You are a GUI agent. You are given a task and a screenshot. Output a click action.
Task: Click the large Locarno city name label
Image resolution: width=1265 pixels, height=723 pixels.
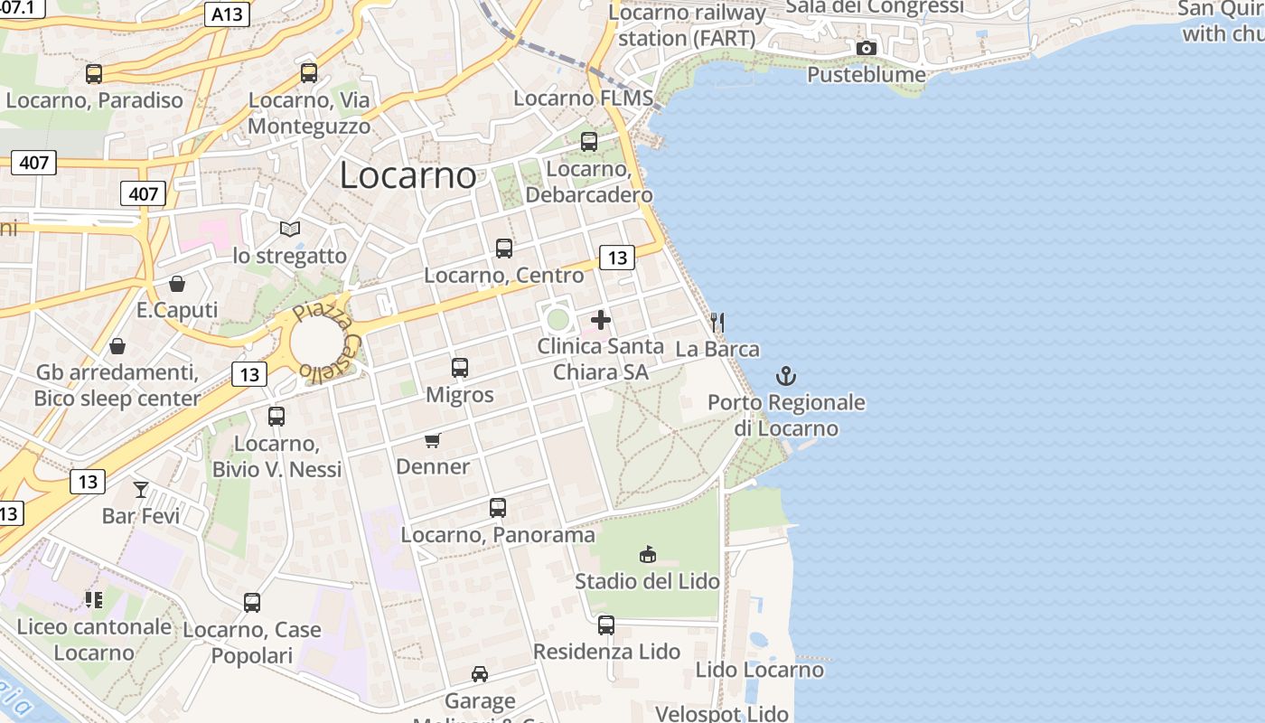tap(408, 175)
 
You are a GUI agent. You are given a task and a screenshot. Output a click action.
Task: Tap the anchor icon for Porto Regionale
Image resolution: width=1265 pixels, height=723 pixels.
tap(786, 376)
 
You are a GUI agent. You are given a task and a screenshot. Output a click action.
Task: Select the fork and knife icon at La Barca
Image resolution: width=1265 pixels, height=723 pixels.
tap(717, 322)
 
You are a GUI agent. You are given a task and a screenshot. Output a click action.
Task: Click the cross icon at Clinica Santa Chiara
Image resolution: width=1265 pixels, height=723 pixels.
tap(601, 320)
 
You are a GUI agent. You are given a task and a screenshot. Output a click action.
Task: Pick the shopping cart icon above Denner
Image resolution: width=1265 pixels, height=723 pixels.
tap(433, 440)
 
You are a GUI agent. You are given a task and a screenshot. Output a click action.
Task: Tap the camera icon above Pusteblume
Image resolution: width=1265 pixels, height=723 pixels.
tap(866, 48)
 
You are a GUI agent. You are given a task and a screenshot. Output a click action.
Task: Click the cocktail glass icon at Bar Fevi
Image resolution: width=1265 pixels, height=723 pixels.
tap(141, 490)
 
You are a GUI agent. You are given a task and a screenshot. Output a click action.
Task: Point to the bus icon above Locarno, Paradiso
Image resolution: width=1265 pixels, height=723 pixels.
tap(94, 74)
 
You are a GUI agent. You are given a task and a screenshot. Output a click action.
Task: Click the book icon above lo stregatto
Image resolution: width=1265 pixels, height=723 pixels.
tap(289, 230)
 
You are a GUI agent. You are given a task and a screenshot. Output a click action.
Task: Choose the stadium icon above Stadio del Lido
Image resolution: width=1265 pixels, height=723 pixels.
tap(647, 554)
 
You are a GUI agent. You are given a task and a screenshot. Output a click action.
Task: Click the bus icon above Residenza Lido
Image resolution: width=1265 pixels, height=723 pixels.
tap(606, 624)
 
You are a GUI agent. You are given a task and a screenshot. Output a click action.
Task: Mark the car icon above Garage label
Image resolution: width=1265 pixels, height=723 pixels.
tap(480, 674)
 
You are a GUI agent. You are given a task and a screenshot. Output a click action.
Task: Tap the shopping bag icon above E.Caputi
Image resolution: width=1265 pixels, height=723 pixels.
tap(177, 284)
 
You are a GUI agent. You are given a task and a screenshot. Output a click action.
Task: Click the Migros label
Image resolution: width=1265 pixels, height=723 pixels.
tap(460, 395)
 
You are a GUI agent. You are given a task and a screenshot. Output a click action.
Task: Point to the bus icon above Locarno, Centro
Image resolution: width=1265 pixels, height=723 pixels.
tap(504, 249)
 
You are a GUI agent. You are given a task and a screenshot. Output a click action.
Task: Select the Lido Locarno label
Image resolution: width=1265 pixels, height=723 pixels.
tap(759, 670)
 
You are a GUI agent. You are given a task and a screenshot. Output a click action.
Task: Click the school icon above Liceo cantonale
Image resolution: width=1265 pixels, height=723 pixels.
tap(94, 599)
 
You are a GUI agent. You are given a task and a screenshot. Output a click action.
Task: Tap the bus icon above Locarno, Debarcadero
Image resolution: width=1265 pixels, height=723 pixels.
tap(589, 142)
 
